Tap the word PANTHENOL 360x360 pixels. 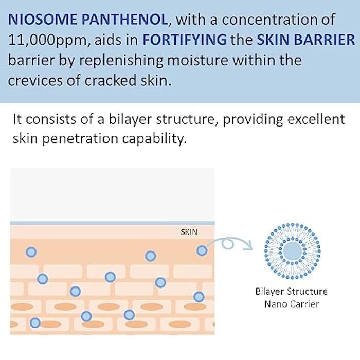pyautogui.click(x=134, y=20)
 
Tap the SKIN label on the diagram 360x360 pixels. pyautogui.click(x=189, y=232)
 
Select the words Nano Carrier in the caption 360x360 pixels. pyautogui.click(x=292, y=304)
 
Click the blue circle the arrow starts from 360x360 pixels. pyautogui.click(x=202, y=250)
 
